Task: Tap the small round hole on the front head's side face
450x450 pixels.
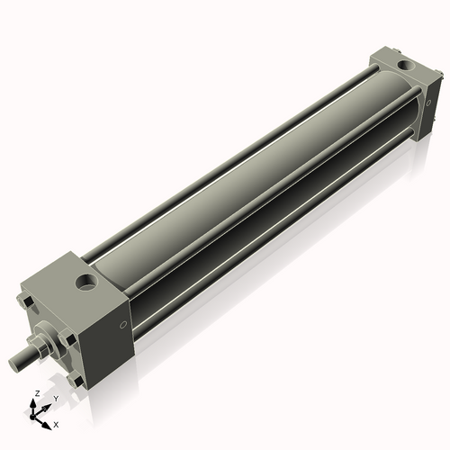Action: (x=123, y=324)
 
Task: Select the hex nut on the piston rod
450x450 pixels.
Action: (x=40, y=347)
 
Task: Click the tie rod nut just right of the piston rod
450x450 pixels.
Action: (x=68, y=337)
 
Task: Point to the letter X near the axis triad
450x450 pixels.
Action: (x=56, y=423)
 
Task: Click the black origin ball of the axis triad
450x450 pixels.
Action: (x=37, y=415)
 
